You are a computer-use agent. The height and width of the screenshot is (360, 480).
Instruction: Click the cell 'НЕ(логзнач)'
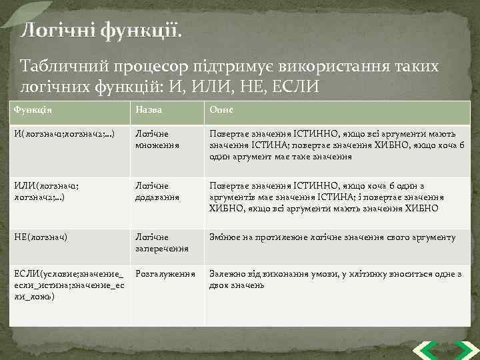pyautogui.click(x=41, y=237)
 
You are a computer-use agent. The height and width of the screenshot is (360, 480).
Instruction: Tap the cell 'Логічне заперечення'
pyautogui.click(x=161, y=243)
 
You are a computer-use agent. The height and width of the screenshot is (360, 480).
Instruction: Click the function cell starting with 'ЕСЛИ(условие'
pyautogui.click(x=69, y=285)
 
